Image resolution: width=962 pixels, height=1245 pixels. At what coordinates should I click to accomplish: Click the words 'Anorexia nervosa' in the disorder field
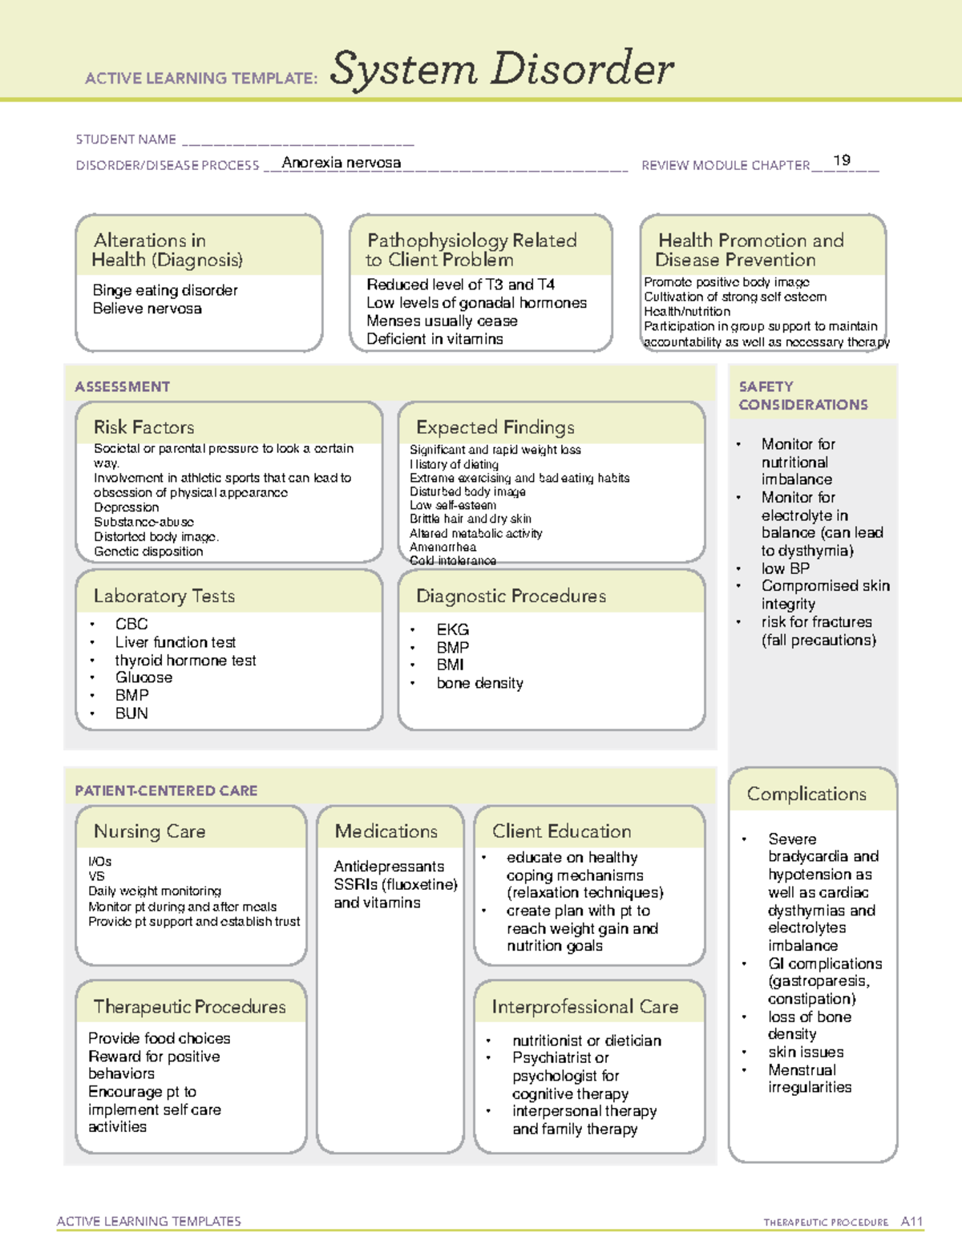pyautogui.click(x=342, y=163)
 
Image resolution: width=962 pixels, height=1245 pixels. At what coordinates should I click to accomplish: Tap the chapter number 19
pyautogui.click(x=842, y=160)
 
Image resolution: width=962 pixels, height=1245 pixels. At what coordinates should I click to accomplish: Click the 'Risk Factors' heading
pyautogui.click(x=143, y=427)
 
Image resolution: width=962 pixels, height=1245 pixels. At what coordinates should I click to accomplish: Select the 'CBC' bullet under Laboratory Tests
pyautogui.click(x=131, y=624)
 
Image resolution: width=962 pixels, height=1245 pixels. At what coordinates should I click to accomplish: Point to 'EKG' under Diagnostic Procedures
pyautogui.click(x=452, y=630)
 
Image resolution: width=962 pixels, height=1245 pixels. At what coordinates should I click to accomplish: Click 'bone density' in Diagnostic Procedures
pyautogui.click(x=479, y=684)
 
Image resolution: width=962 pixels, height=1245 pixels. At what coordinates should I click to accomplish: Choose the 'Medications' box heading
pyautogui.click(x=386, y=831)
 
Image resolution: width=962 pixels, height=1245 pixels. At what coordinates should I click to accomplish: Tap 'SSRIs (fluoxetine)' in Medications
pyautogui.click(x=396, y=884)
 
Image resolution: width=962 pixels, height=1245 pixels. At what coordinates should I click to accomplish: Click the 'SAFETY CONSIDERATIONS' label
pyautogui.click(x=802, y=396)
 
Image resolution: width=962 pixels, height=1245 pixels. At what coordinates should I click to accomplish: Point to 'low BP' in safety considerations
pyautogui.click(x=785, y=568)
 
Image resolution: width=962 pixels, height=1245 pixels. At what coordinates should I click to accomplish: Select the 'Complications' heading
pyautogui.click(x=806, y=794)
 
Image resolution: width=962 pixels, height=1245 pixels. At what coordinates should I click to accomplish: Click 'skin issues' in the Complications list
pyautogui.click(x=806, y=1052)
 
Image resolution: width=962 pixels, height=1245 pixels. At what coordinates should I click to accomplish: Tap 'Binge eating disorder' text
pyautogui.click(x=165, y=290)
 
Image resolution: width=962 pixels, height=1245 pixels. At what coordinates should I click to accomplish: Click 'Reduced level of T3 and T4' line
pyautogui.click(x=460, y=285)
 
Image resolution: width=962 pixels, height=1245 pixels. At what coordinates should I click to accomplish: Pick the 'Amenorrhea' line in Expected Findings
pyautogui.click(x=443, y=547)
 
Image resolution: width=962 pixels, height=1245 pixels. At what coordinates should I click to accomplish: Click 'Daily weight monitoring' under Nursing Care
pyautogui.click(x=155, y=891)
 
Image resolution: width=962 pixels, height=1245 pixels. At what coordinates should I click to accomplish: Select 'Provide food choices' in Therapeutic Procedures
pyautogui.click(x=159, y=1038)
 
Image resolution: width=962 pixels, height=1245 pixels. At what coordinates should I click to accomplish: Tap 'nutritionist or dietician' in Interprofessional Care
pyautogui.click(x=587, y=1041)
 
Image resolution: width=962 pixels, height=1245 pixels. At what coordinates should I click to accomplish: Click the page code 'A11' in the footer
pyautogui.click(x=911, y=1222)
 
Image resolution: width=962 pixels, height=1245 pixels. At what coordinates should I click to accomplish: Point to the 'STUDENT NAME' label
pyautogui.click(x=126, y=139)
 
